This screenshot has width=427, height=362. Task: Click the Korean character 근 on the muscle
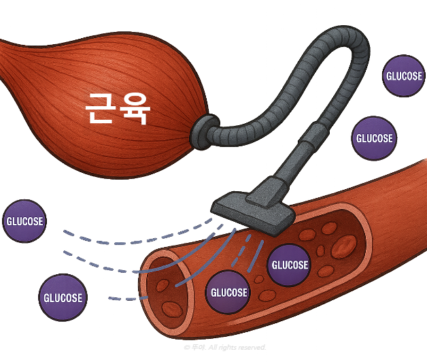[x=100, y=108]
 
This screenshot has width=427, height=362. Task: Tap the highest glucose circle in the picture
[x=403, y=76]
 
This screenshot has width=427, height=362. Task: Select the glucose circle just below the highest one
[x=374, y=138]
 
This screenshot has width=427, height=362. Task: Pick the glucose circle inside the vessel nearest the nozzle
[x=289, y=265]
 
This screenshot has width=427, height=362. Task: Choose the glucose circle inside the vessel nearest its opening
[x=229, y=293]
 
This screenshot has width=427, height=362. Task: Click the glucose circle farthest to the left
[x=24, y=221]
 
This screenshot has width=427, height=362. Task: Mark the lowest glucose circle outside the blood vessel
[x=63, y=297]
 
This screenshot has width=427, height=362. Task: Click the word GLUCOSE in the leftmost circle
[x=24, y=221]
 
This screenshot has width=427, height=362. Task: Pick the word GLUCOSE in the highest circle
[x=403, y=76]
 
